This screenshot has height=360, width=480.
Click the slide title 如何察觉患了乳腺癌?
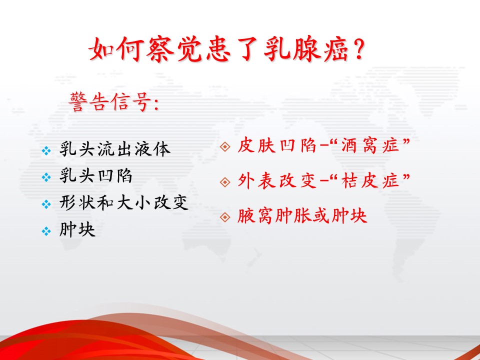(x=227, y=49)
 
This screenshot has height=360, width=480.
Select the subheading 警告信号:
(x=114, y=102)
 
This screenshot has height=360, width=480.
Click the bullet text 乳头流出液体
(x=115, y=149)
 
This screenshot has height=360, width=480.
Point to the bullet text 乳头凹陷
(x=96, y=176)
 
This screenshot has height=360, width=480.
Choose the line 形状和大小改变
(x=123, y=203)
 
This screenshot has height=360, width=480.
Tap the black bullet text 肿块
(x=77, y=230)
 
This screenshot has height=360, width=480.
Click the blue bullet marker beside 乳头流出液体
(x=46, y=150)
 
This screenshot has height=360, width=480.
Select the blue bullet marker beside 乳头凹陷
(x=46, y=177)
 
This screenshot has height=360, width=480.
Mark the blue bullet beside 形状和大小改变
(x=46, y=204)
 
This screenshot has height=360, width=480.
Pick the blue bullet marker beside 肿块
(x=46, y=231)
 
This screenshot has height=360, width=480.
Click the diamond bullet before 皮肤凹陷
(x=225, y=147)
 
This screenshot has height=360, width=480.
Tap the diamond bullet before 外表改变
(x=225, y=182)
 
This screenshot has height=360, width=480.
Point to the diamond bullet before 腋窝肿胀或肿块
(x=225, y=217)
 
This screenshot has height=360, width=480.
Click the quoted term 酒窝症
(x=370, y=145)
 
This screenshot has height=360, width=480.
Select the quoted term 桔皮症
(x=370, y=180)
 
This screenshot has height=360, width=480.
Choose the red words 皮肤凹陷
(x=276, y=145)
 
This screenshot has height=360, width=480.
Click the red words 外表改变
(x=276, y=180)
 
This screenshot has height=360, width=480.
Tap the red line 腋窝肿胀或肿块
(x=302, y=216)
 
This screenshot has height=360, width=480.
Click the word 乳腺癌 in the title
(x=306, y=49)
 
